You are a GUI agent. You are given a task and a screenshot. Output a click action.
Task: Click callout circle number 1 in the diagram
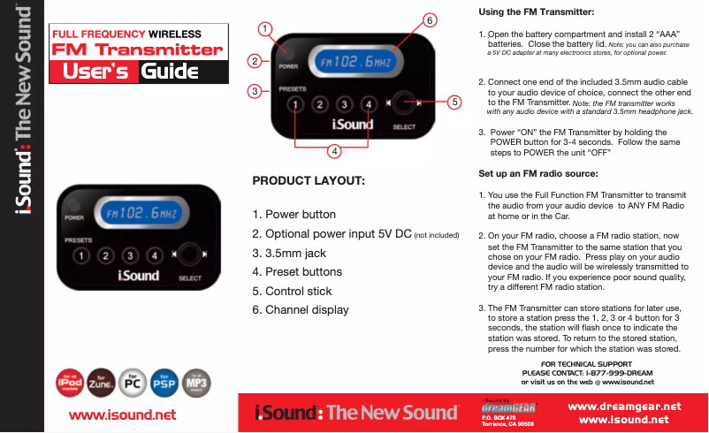tap(263, 28)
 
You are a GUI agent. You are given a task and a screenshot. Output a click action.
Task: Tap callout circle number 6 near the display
tap(430, 19)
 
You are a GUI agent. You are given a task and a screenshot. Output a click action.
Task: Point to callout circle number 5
tap(454, 103)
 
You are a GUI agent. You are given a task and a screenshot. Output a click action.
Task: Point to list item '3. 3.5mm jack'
tap(289, 254)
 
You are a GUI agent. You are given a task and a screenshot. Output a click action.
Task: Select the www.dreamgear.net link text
tap(622, 406)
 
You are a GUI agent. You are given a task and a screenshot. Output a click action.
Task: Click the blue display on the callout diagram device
tap(355, 63)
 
